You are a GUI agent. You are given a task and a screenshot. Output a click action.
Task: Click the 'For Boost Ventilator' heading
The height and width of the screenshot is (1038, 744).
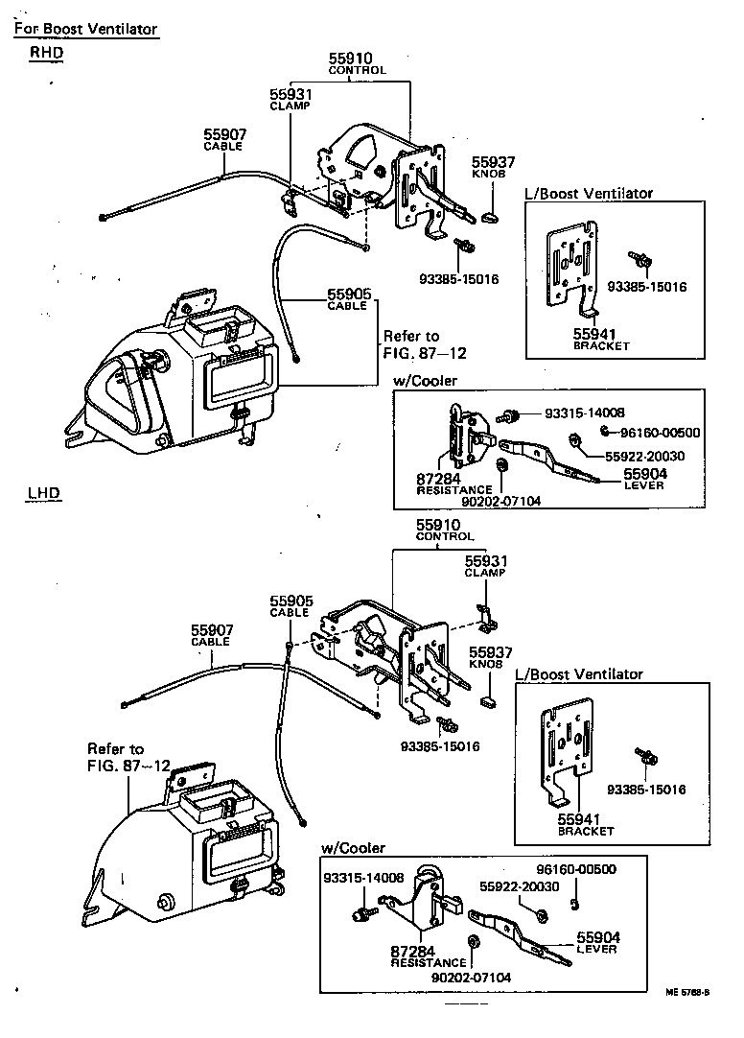click(85, 29)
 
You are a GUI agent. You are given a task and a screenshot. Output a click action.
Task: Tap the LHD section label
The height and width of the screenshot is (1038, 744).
click(43, 494)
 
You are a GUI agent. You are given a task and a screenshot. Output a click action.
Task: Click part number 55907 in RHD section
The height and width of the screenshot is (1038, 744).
click(222, 135)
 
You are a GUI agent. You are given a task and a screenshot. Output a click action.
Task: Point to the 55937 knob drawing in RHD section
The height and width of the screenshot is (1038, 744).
click(489, 217)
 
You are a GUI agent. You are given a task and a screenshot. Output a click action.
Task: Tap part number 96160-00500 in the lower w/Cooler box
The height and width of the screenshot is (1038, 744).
click(575, 869)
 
